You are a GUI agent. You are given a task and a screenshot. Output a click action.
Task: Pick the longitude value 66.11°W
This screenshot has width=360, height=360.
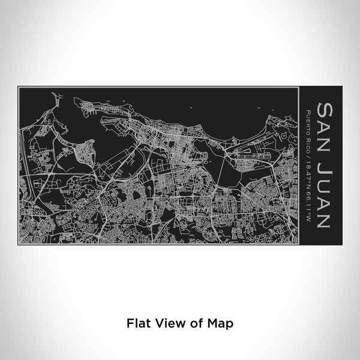click(x=308, y=202)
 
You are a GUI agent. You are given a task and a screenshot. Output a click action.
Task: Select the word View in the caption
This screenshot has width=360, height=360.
click(x=170, y=322)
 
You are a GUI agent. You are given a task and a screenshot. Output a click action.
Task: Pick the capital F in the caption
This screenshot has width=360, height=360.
click(x=128, y=322)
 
